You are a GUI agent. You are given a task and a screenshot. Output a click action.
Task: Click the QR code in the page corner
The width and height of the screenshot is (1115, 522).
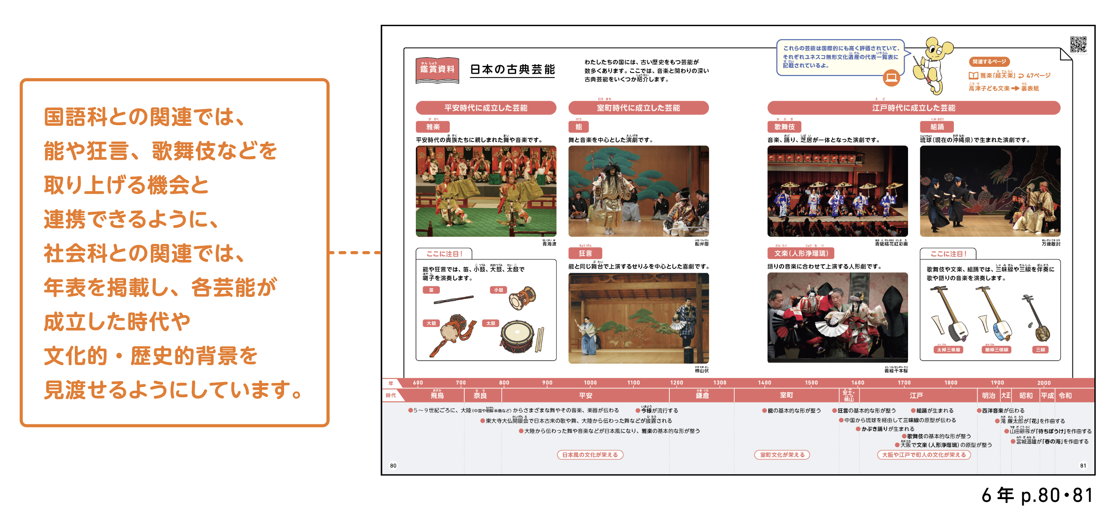point(1078,44)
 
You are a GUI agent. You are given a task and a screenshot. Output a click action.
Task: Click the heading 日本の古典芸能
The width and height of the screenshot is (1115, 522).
point(512,69)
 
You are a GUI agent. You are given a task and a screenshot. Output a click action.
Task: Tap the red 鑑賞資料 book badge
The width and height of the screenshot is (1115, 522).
point(437,69)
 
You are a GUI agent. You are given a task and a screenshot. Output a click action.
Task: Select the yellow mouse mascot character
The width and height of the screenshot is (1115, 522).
point(932,65)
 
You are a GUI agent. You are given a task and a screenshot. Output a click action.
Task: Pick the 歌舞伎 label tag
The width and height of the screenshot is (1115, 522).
point(784,127)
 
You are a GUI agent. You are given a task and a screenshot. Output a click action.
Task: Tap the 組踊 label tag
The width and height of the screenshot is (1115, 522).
point(937,127)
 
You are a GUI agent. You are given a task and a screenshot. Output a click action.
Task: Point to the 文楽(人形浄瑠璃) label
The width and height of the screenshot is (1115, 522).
point(801,253)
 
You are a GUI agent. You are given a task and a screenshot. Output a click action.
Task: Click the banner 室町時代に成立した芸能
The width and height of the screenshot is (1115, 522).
point(638,108)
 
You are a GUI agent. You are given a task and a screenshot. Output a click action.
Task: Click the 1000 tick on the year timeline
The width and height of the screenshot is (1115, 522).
point(590,383)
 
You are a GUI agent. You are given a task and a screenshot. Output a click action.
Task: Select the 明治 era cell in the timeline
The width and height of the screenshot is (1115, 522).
point(988,395)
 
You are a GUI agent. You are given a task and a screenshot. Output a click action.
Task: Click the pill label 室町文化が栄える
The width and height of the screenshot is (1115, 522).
point(782,454)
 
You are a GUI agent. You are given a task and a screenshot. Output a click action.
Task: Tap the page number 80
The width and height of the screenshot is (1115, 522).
point(393,466)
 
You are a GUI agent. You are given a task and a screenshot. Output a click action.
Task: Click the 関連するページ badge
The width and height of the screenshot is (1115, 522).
point(989,62)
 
